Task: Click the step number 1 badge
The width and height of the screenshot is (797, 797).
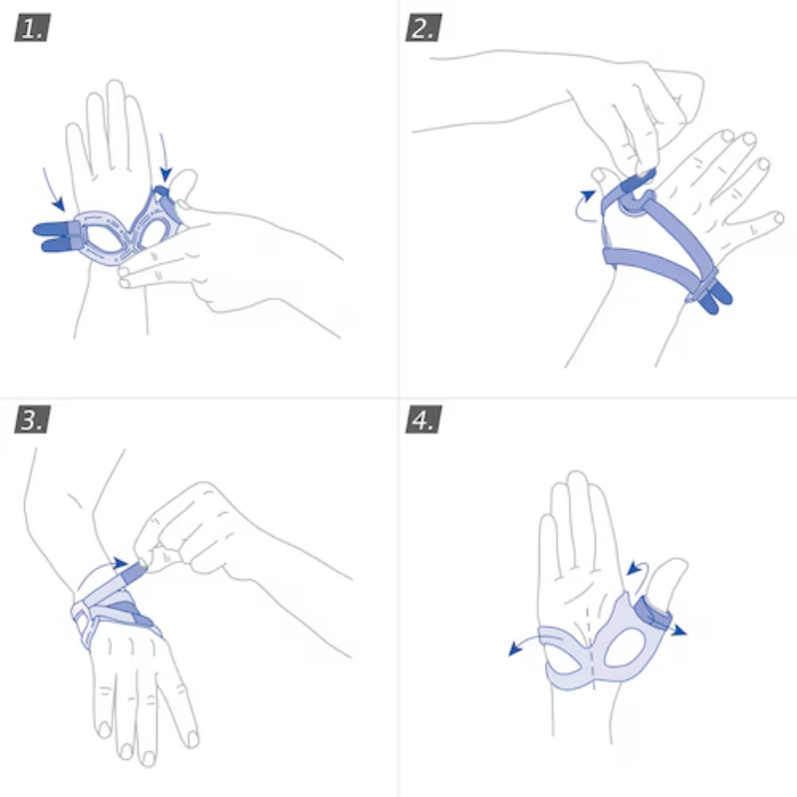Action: (32, 28)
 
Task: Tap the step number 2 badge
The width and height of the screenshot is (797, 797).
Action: (422, 28)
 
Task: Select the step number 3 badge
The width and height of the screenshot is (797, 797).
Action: (32, 420)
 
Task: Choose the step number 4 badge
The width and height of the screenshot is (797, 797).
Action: (422, 420)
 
